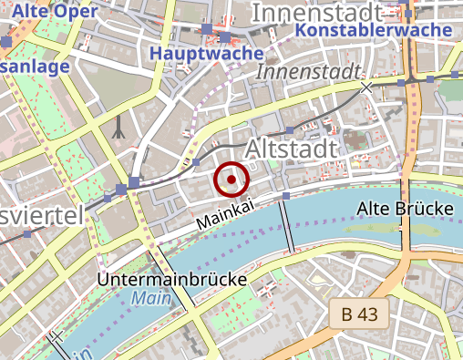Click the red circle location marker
[231, 180]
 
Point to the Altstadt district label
[292, 147]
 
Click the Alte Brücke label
[406, 209]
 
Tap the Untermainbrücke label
[171, 279]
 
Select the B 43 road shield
[359, 314]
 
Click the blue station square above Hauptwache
[209, 29]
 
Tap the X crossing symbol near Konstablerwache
[366, 87]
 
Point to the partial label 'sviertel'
[42, 215]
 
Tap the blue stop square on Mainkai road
[286, 196]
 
